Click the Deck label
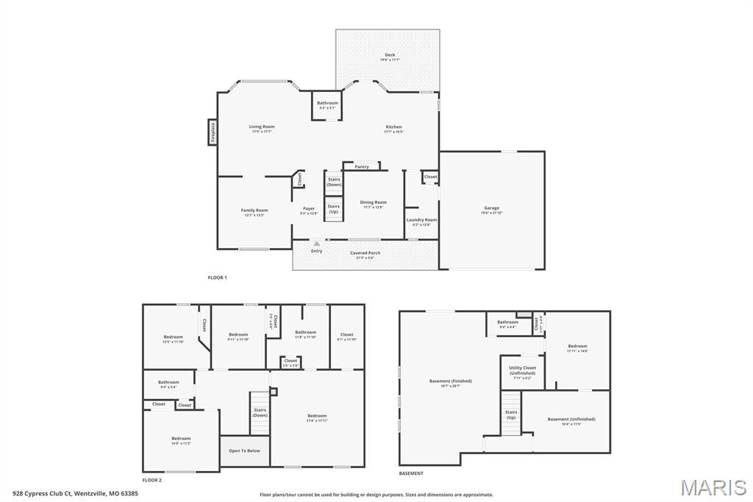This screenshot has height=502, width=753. [390, 56]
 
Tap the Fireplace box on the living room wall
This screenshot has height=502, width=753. [213, 132]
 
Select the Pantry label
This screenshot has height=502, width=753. [362, 167]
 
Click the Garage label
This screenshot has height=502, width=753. [491, 209]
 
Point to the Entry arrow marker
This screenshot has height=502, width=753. [316, 244]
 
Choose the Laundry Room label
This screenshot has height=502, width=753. [421, 221]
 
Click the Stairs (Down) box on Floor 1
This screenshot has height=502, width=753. [334, 182]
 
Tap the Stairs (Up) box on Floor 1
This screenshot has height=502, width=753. [334, 209]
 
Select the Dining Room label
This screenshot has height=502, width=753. [373, 204]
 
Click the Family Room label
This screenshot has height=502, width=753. [254, 212]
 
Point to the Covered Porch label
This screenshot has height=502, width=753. [365, 254]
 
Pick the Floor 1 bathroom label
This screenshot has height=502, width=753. [327, 105]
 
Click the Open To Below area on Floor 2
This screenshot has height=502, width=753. [244, 450]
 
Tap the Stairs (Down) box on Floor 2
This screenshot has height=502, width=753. [260, 413]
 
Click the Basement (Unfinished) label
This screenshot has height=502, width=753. [571, 420]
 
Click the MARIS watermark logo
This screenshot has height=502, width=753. [713, 487]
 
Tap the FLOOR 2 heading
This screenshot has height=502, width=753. [152, 480]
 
